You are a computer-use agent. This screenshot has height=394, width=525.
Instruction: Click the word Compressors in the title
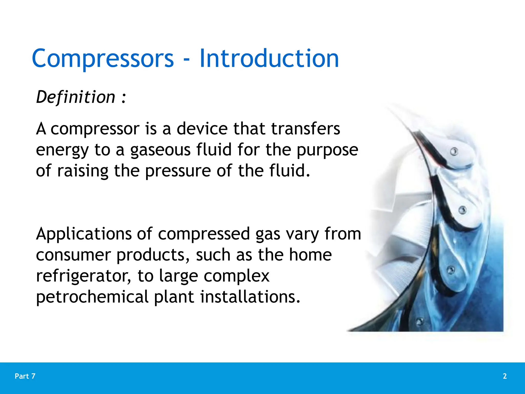[103, 59]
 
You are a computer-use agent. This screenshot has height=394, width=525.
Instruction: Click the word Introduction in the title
[269, 59]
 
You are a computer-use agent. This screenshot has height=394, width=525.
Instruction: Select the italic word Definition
[76, 97]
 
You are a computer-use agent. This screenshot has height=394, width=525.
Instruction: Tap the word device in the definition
[202, 129]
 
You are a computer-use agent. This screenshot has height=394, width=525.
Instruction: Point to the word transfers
[306, 129]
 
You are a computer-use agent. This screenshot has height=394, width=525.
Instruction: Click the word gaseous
[160, 150]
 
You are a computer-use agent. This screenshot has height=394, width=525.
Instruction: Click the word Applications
[84, 234]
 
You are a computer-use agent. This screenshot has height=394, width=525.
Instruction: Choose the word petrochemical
[92, 297]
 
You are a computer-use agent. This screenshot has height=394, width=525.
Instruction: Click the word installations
[250, 297]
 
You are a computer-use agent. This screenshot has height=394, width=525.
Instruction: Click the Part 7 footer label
[25, 376]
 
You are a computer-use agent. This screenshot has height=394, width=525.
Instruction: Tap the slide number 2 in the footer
[504, 376]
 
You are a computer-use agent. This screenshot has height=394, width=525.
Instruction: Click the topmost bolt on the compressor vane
[454, 152]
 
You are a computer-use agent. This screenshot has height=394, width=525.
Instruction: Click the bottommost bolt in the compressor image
[420, 321]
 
